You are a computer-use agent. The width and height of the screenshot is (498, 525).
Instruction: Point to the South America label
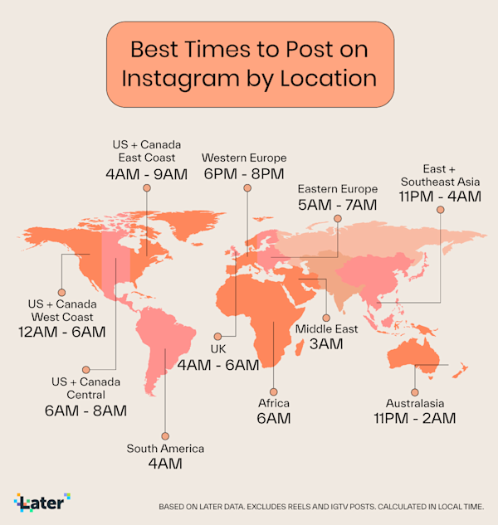coord(165,449)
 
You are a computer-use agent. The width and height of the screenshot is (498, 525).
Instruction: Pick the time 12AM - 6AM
coord(61,332)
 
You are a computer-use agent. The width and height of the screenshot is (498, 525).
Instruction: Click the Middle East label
coord(327,328)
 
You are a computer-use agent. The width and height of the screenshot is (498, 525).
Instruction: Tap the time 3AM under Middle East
coord(326,344)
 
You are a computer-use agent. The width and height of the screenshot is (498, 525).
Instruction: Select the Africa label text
coord(273,403)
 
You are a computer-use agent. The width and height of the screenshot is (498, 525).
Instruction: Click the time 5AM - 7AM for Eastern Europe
coord(337,204)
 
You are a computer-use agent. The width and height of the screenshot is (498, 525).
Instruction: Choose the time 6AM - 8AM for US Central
coord(85,410)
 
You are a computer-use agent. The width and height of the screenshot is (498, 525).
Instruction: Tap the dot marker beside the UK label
coord(219,337)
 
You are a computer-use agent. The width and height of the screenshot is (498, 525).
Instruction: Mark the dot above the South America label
coord(165,435)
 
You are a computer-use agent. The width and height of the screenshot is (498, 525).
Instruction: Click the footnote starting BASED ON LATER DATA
coord(327,506)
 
